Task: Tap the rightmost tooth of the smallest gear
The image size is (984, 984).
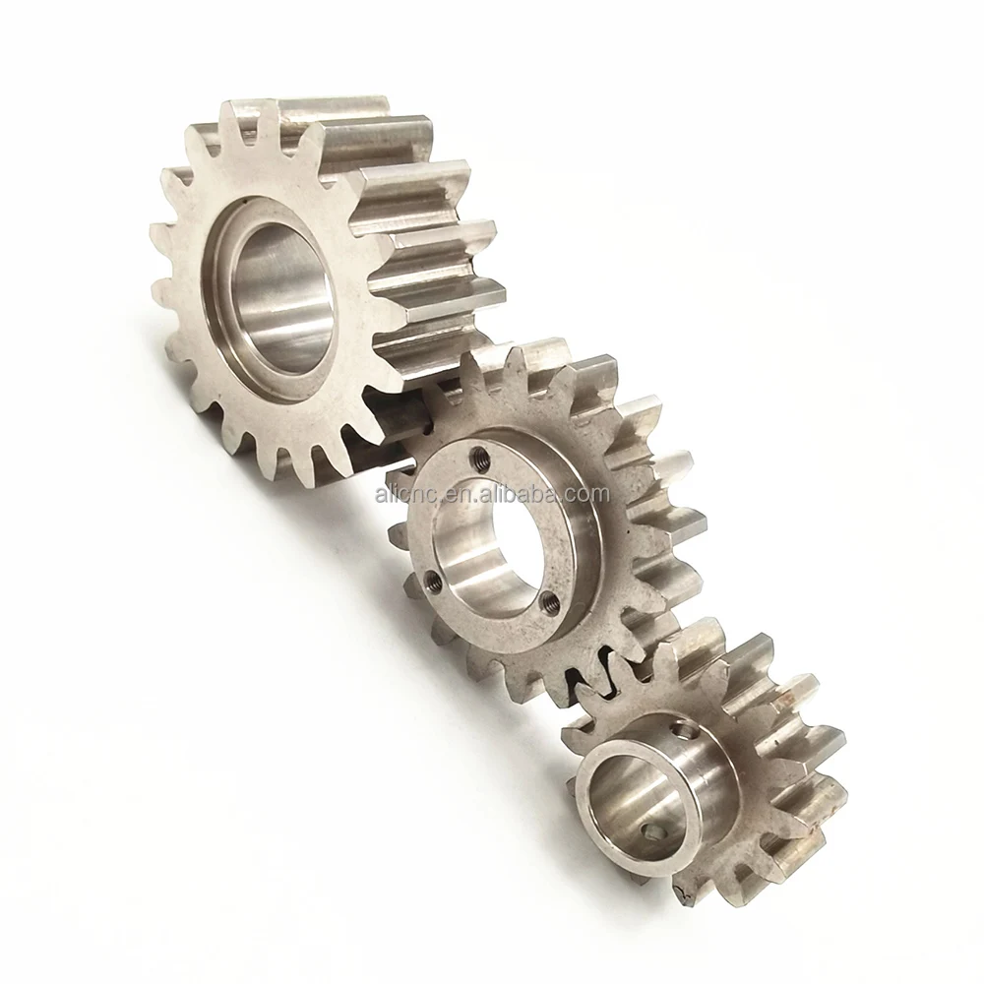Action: coord(836,787)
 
